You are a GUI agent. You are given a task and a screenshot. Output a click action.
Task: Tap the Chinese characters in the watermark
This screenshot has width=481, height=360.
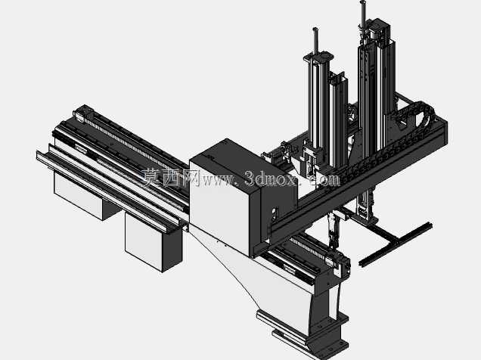171,178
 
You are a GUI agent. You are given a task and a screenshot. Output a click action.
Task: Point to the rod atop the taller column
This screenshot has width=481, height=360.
363,14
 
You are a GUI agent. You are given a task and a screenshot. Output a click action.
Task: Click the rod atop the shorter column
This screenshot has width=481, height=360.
315,41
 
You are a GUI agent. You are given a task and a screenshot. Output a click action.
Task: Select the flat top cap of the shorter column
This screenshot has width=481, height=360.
318,57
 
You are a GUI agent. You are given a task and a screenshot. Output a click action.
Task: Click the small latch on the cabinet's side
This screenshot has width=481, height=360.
275,213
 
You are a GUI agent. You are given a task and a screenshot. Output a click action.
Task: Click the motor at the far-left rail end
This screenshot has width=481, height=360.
80,114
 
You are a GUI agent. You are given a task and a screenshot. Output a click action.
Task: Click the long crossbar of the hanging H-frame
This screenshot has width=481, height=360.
396,244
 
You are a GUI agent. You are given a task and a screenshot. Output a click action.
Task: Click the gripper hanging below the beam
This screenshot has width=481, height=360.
333,229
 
